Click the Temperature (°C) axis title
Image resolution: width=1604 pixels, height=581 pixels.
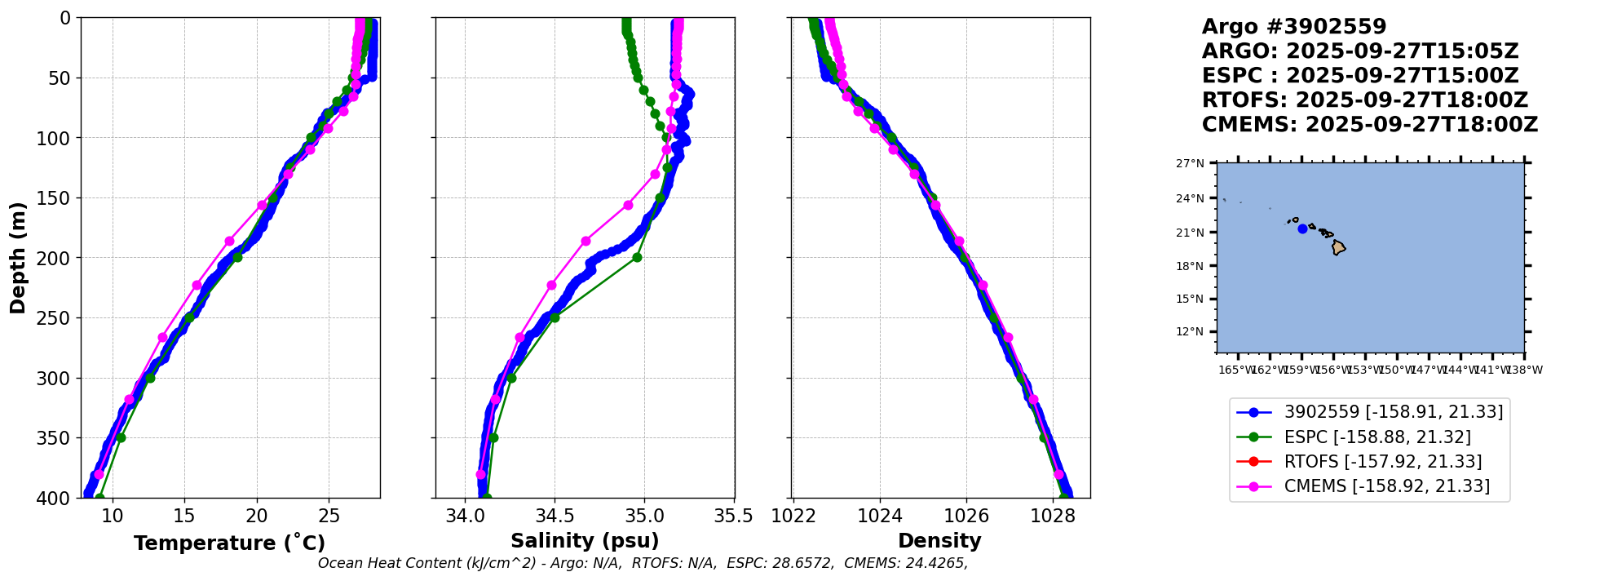click(x=229, y=543)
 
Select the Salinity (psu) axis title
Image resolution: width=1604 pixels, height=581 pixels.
click(x=585, y=541)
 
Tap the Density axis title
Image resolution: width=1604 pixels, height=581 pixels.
click(x=939, y=541)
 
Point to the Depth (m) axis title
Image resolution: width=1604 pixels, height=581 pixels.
click(x=18, y=258)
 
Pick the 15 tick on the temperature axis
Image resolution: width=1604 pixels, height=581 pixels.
click(x=184, y=516)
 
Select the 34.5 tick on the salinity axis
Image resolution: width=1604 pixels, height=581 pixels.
click(x=555, y=516)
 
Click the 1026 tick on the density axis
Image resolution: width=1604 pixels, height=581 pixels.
click(x=966, y=516)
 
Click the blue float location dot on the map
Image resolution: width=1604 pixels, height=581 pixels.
click(x=1302, y=228)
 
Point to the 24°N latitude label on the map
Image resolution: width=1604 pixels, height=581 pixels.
click(x=1190, y=198)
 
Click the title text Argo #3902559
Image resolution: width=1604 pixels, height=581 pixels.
click(x=1294, y=27)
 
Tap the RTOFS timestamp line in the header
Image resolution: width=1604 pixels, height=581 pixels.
click(x=1364, y=100)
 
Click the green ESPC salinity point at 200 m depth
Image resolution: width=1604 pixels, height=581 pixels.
click(x=637, y=257)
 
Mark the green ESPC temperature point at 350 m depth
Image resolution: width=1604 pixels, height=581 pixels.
click(x=121, y=437)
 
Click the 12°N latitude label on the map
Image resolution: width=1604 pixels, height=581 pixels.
click(x=1190, y=331)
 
